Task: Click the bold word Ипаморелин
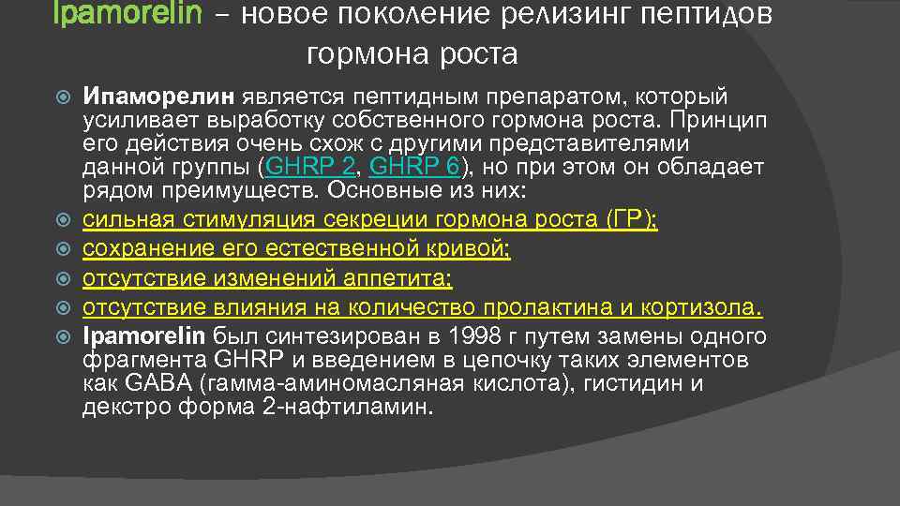coord(160,97)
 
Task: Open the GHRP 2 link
coord(308,168)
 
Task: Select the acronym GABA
coord(143,384)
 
